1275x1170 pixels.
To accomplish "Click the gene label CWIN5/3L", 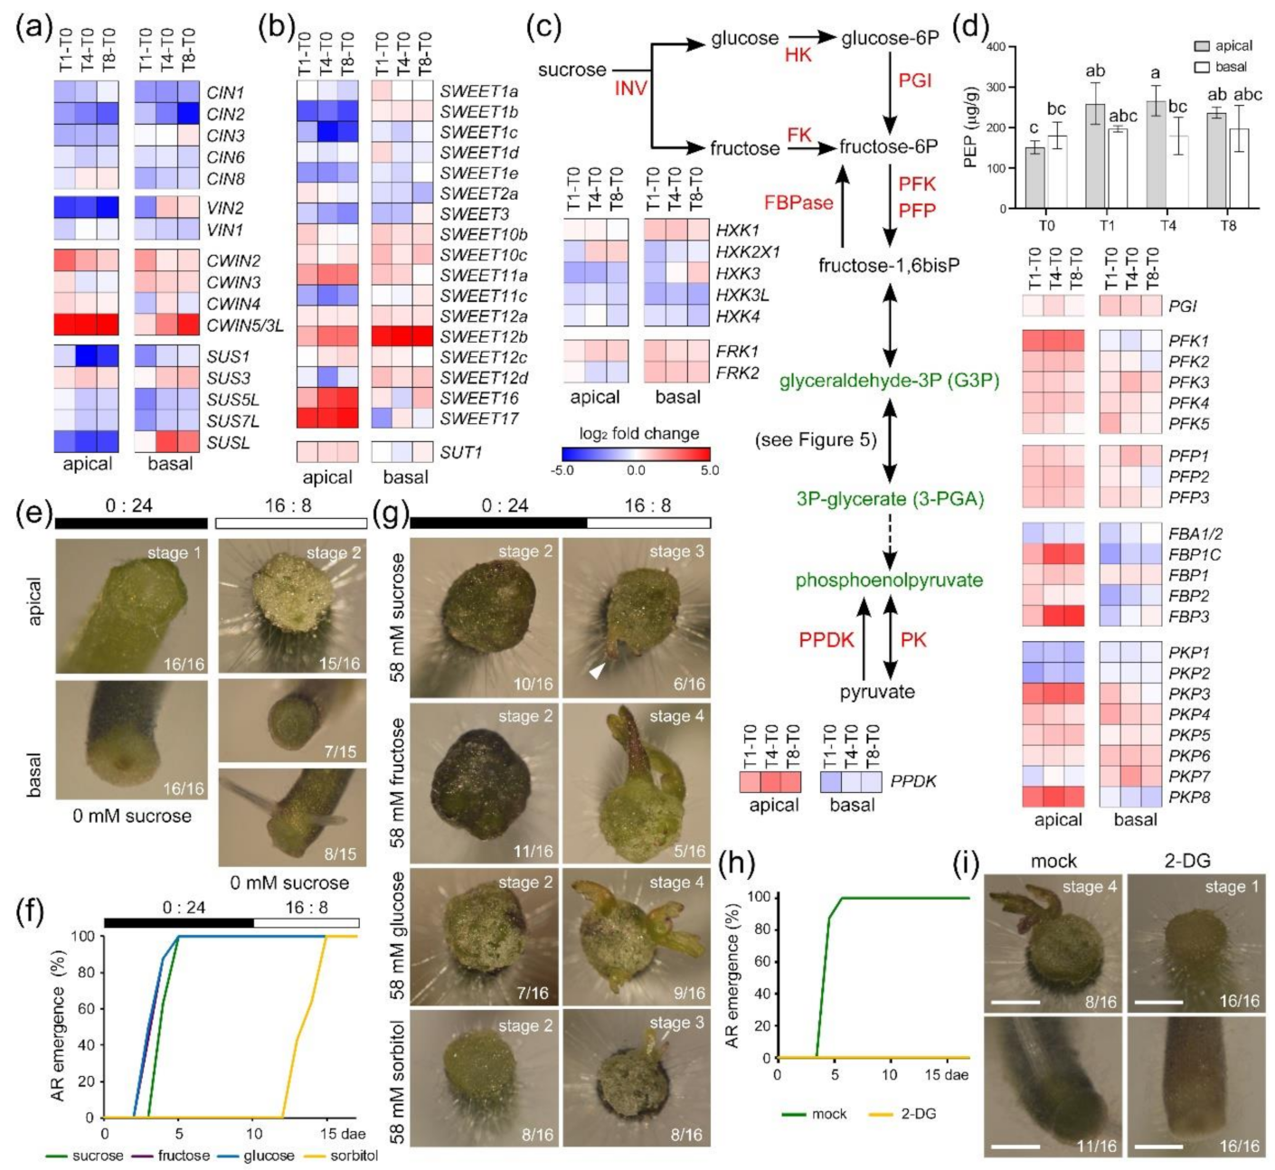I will click(x=244, y=326).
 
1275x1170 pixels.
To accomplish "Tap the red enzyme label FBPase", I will click(x=798, y=203).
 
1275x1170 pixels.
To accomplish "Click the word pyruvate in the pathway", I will click(x=876, y=692).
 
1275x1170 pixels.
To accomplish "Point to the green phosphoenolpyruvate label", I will click(x=888, y=580).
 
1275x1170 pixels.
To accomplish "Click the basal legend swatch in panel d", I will click(x=1202, y=67).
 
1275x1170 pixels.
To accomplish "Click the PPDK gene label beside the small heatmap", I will click(x=912, y=780).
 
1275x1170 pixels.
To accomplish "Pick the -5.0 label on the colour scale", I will click(x=562, y=470).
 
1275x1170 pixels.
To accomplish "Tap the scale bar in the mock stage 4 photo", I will click(x=1017, y=1002).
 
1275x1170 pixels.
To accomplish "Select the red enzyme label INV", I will click(x=630, y=88).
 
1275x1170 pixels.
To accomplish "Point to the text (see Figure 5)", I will click(x=816, y=440).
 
